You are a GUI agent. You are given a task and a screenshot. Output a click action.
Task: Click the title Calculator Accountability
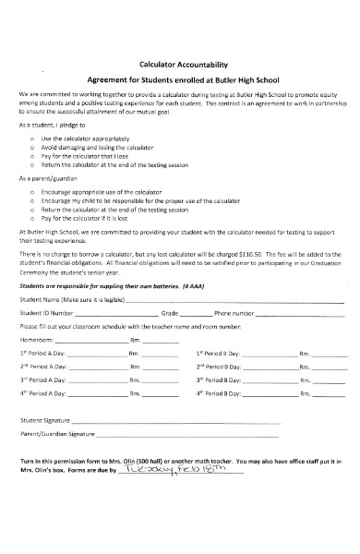click(x=182, y=65)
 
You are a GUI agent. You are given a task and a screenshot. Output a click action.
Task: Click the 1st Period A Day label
click(x=42, y=354)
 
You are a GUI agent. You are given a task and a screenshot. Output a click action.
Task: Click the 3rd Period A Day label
click(x=42, y=380)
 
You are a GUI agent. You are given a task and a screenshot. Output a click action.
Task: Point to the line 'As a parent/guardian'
click(x=52, y=176)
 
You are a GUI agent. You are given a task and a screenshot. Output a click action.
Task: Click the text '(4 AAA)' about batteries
click(x=193, y=286)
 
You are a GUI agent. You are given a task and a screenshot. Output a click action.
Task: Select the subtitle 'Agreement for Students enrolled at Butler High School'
click(x=182, y=80)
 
